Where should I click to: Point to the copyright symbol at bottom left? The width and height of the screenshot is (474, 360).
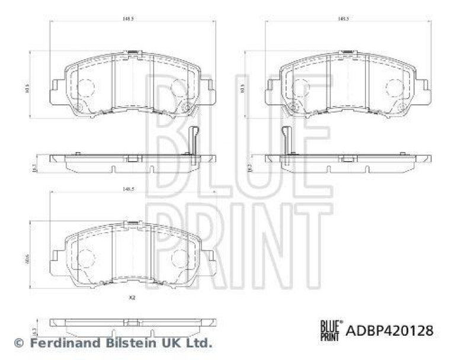18,343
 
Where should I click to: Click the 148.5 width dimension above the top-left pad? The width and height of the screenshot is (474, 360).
126,18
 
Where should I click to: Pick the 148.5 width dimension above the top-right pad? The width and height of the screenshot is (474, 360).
342,18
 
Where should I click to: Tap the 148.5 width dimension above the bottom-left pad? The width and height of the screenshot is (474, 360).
126,190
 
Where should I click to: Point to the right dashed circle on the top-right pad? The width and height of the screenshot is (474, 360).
394,88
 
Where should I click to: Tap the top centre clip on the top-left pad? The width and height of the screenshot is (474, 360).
133,53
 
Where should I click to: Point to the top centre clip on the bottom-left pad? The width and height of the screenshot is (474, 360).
133,223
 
